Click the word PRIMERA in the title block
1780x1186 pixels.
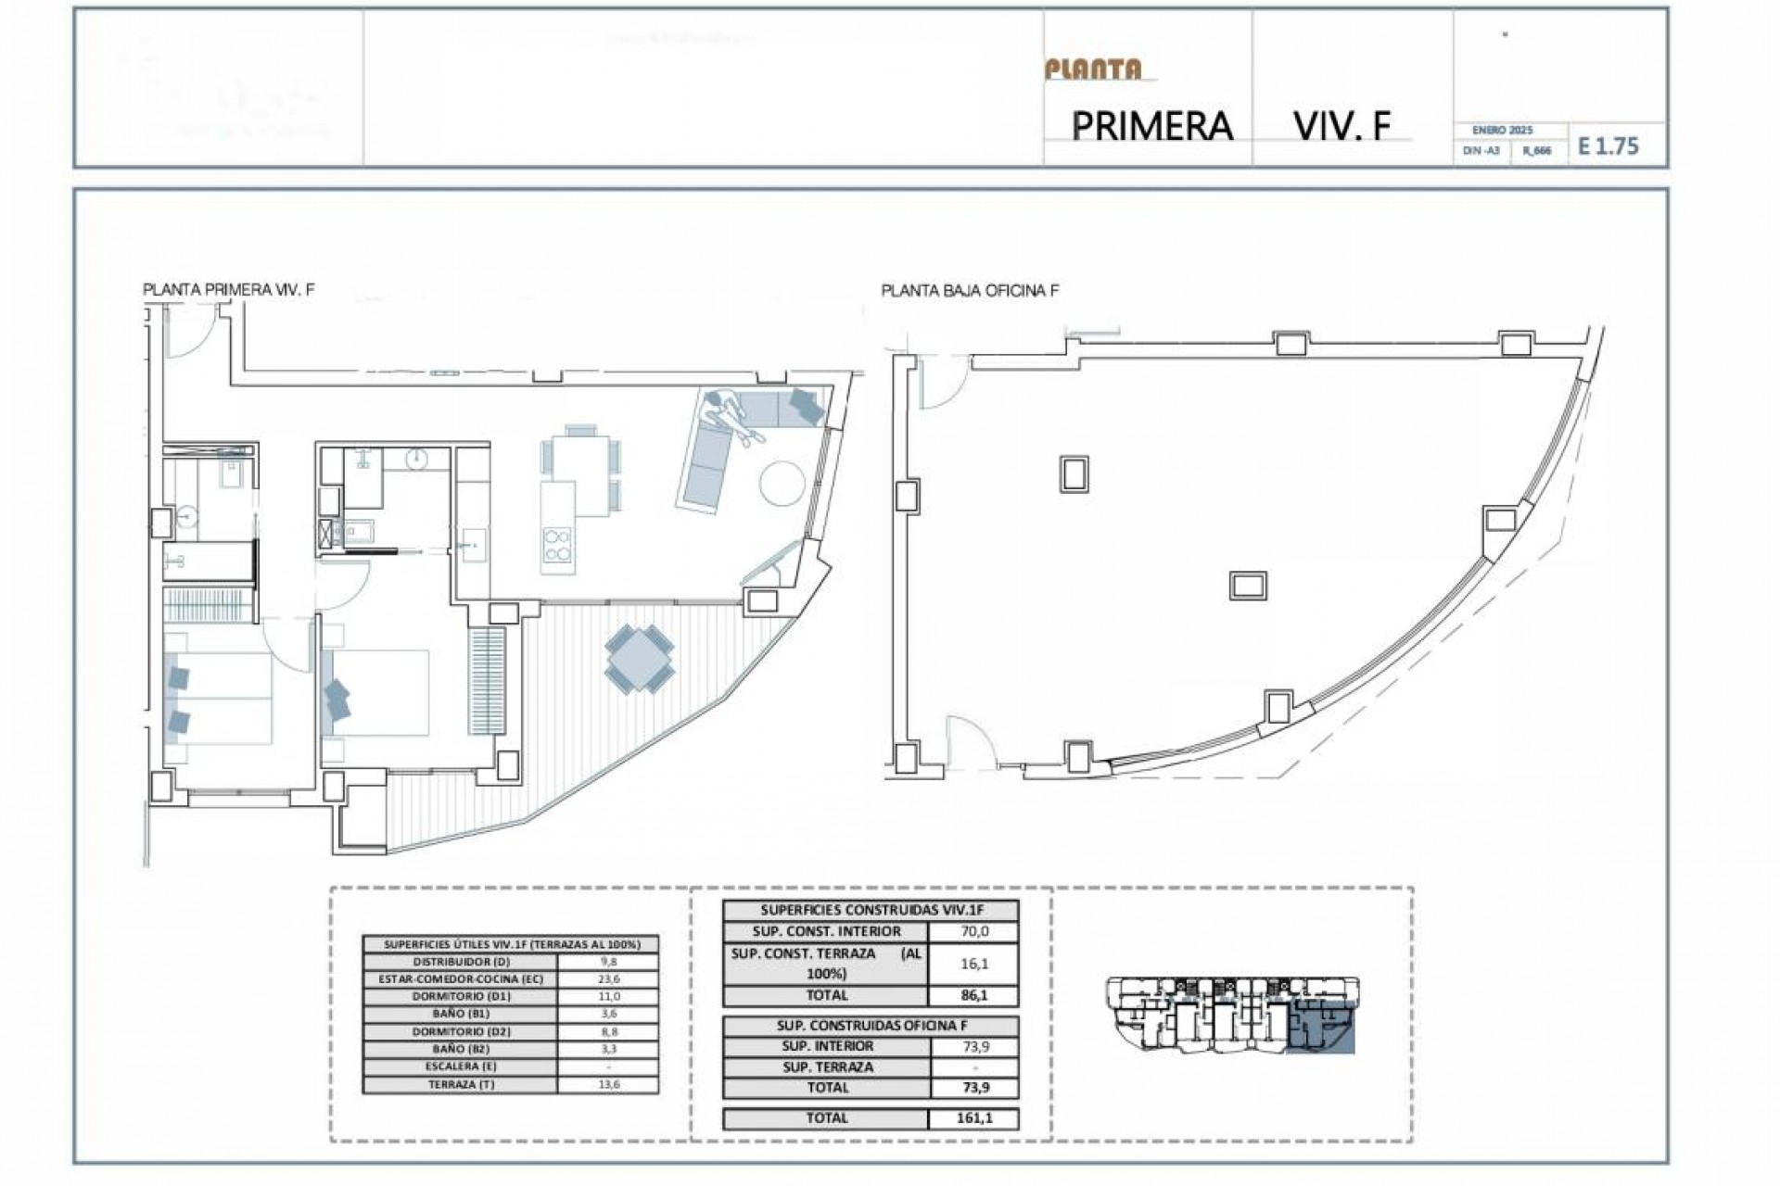(1151, 126)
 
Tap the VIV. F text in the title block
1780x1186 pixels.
(1342, 125)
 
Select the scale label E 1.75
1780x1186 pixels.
(1608, 146)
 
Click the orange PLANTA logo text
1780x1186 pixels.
(1093, 69)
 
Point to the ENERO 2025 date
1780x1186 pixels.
(1502, 131)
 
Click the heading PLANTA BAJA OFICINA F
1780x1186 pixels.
(970, 291)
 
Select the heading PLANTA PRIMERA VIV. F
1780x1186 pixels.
(229, 290)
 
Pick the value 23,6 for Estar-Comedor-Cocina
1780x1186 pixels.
(608, 979)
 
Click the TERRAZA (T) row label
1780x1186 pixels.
(460, 1084)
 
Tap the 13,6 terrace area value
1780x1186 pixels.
(608, 1084)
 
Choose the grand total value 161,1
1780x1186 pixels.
(973, 1118)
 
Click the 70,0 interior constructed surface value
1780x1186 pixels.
(973, 932)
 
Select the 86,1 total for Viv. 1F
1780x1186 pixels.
(973, 996)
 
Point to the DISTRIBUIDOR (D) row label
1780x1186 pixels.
(460, 962)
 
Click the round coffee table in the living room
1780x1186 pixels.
(783, 485)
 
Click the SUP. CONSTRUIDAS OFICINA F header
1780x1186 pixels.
(871, 1027)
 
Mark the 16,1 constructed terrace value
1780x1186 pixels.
(973, 965)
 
